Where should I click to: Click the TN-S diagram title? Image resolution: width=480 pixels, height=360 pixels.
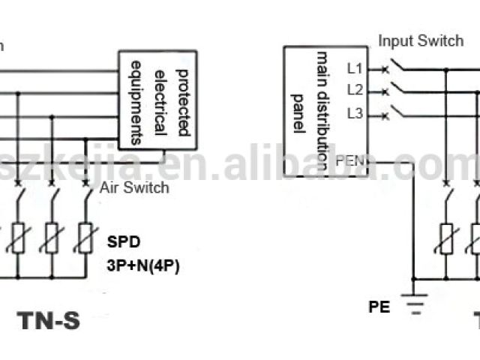pos(48,320)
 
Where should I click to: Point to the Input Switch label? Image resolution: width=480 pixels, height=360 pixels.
pos(420,40)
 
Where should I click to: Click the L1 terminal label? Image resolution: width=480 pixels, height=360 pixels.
pos(355,68)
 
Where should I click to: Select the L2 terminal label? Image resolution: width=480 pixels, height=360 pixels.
pos(355,91)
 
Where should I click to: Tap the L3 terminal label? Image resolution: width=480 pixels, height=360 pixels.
pos(355,114)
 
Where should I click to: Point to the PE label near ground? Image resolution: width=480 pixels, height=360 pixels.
pos(379,307)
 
